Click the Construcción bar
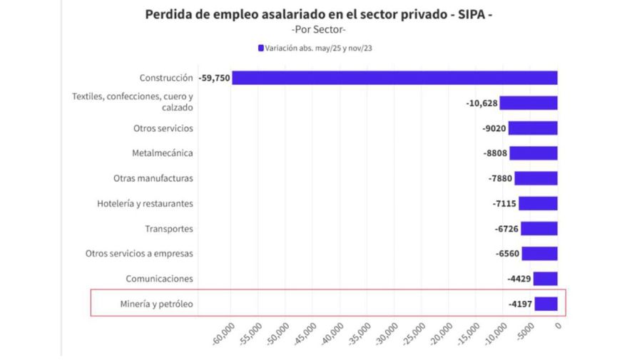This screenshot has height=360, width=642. click(x=394, y=78)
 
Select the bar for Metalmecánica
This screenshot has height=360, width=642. click(x=534, y=153)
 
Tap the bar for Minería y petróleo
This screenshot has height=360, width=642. click(x=546, y=304)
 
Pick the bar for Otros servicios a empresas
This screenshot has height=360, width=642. click(x=539, y=253)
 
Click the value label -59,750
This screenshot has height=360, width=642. click(x=214, y=78)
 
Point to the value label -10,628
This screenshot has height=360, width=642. click(x=481, y=103)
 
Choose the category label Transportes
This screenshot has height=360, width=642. click(x=169, y=229)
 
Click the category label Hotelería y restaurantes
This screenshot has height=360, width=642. click(x=145, y=204)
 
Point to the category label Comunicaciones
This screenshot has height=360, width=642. click(x=159, y=279)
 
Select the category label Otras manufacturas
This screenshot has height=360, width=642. click(x=153, y=178)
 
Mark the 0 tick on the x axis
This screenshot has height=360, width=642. click(x=558, y=326)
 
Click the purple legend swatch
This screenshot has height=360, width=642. click(x=261, y=48)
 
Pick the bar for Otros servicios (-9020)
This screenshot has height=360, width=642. click(x=533, y=128)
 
